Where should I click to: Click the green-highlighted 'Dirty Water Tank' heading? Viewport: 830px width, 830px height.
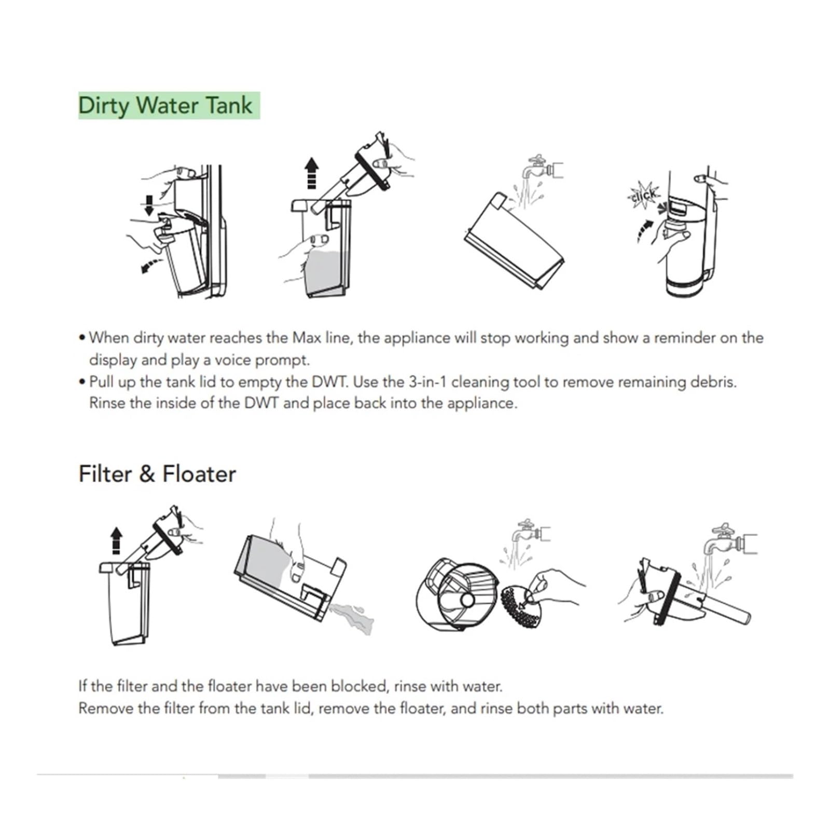165,105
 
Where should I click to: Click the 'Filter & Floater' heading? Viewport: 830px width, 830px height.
157,474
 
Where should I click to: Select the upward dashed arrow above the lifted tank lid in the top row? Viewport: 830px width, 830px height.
311,173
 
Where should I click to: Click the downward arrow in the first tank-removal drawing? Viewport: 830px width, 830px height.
149,205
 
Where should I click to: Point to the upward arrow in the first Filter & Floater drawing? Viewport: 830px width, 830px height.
116,541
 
